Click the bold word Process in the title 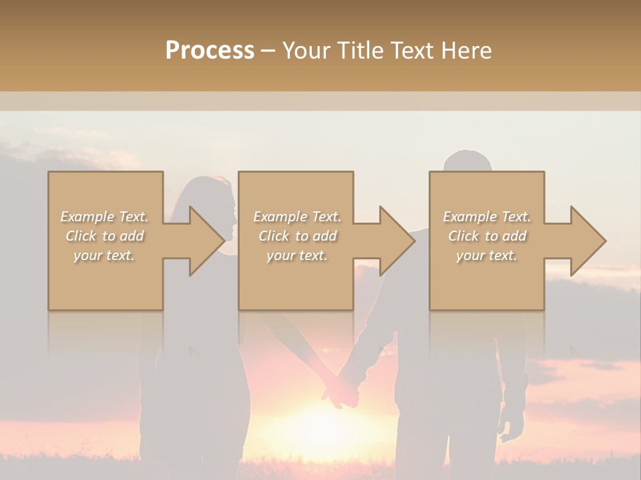(210, 51)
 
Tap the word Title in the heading (359, 51)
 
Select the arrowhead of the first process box (205, 241)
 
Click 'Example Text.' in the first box (105, 217)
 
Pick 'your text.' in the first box (105, 255)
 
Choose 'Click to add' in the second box (297, 236)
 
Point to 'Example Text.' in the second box (297, 217)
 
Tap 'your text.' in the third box (487, 255)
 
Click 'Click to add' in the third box (487, 236)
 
